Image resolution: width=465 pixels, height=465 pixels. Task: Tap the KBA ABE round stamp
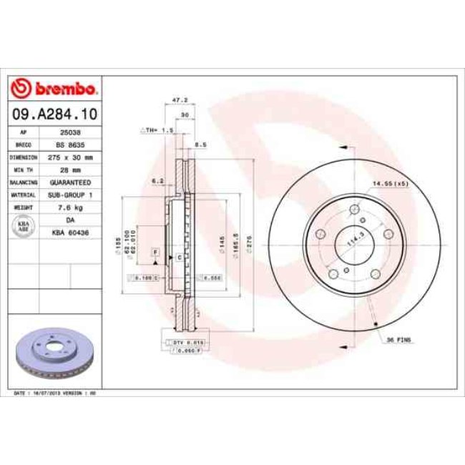click(23, 225)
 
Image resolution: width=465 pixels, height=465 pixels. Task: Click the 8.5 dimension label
click(200, 145)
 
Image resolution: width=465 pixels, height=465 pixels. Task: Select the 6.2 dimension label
click(158, 181)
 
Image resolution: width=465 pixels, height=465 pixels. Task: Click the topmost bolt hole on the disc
click(354, 210)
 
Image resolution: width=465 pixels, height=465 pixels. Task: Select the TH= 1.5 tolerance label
click(157, 130)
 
